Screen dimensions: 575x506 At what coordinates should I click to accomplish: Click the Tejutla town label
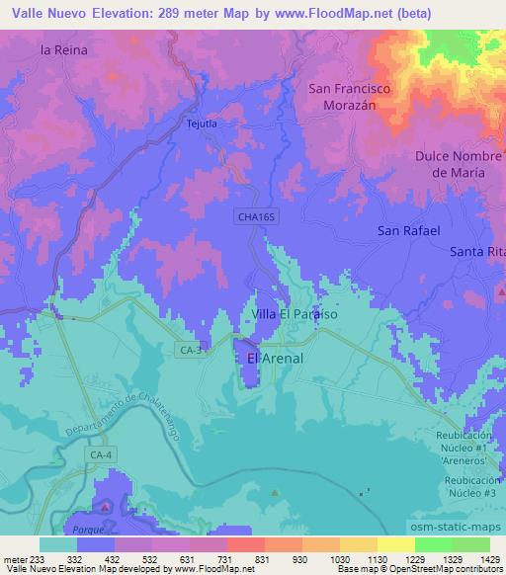tap(201, 123)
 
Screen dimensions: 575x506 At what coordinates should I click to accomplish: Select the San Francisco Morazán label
tap(350, 96)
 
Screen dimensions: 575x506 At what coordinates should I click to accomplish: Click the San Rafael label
tap(408, 230)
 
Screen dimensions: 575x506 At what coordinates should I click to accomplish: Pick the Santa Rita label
tap(476, 251)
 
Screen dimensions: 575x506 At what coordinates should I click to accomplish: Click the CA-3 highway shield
tap(190, 350)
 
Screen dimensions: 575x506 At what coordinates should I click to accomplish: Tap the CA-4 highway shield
tap(100, 454)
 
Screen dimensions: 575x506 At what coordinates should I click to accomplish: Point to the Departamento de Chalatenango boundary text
tap(110, 411)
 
